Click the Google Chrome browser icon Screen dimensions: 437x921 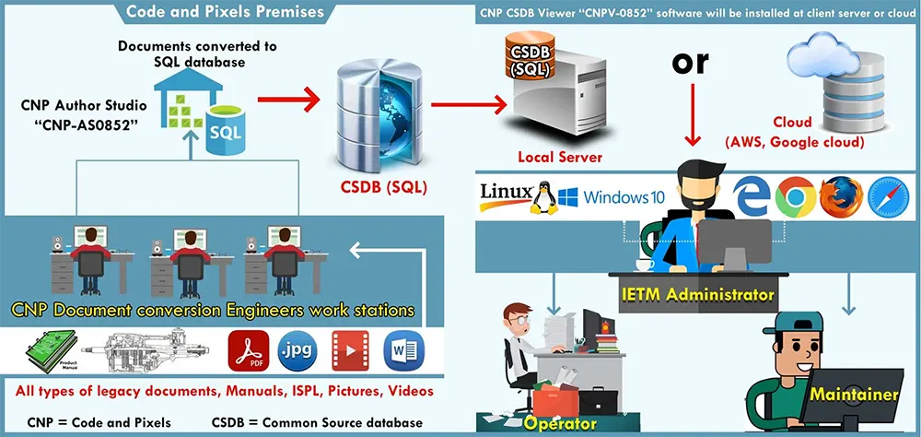point(795,196)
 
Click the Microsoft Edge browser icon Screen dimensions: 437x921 point(751,196)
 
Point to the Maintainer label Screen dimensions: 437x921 point(853,395)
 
